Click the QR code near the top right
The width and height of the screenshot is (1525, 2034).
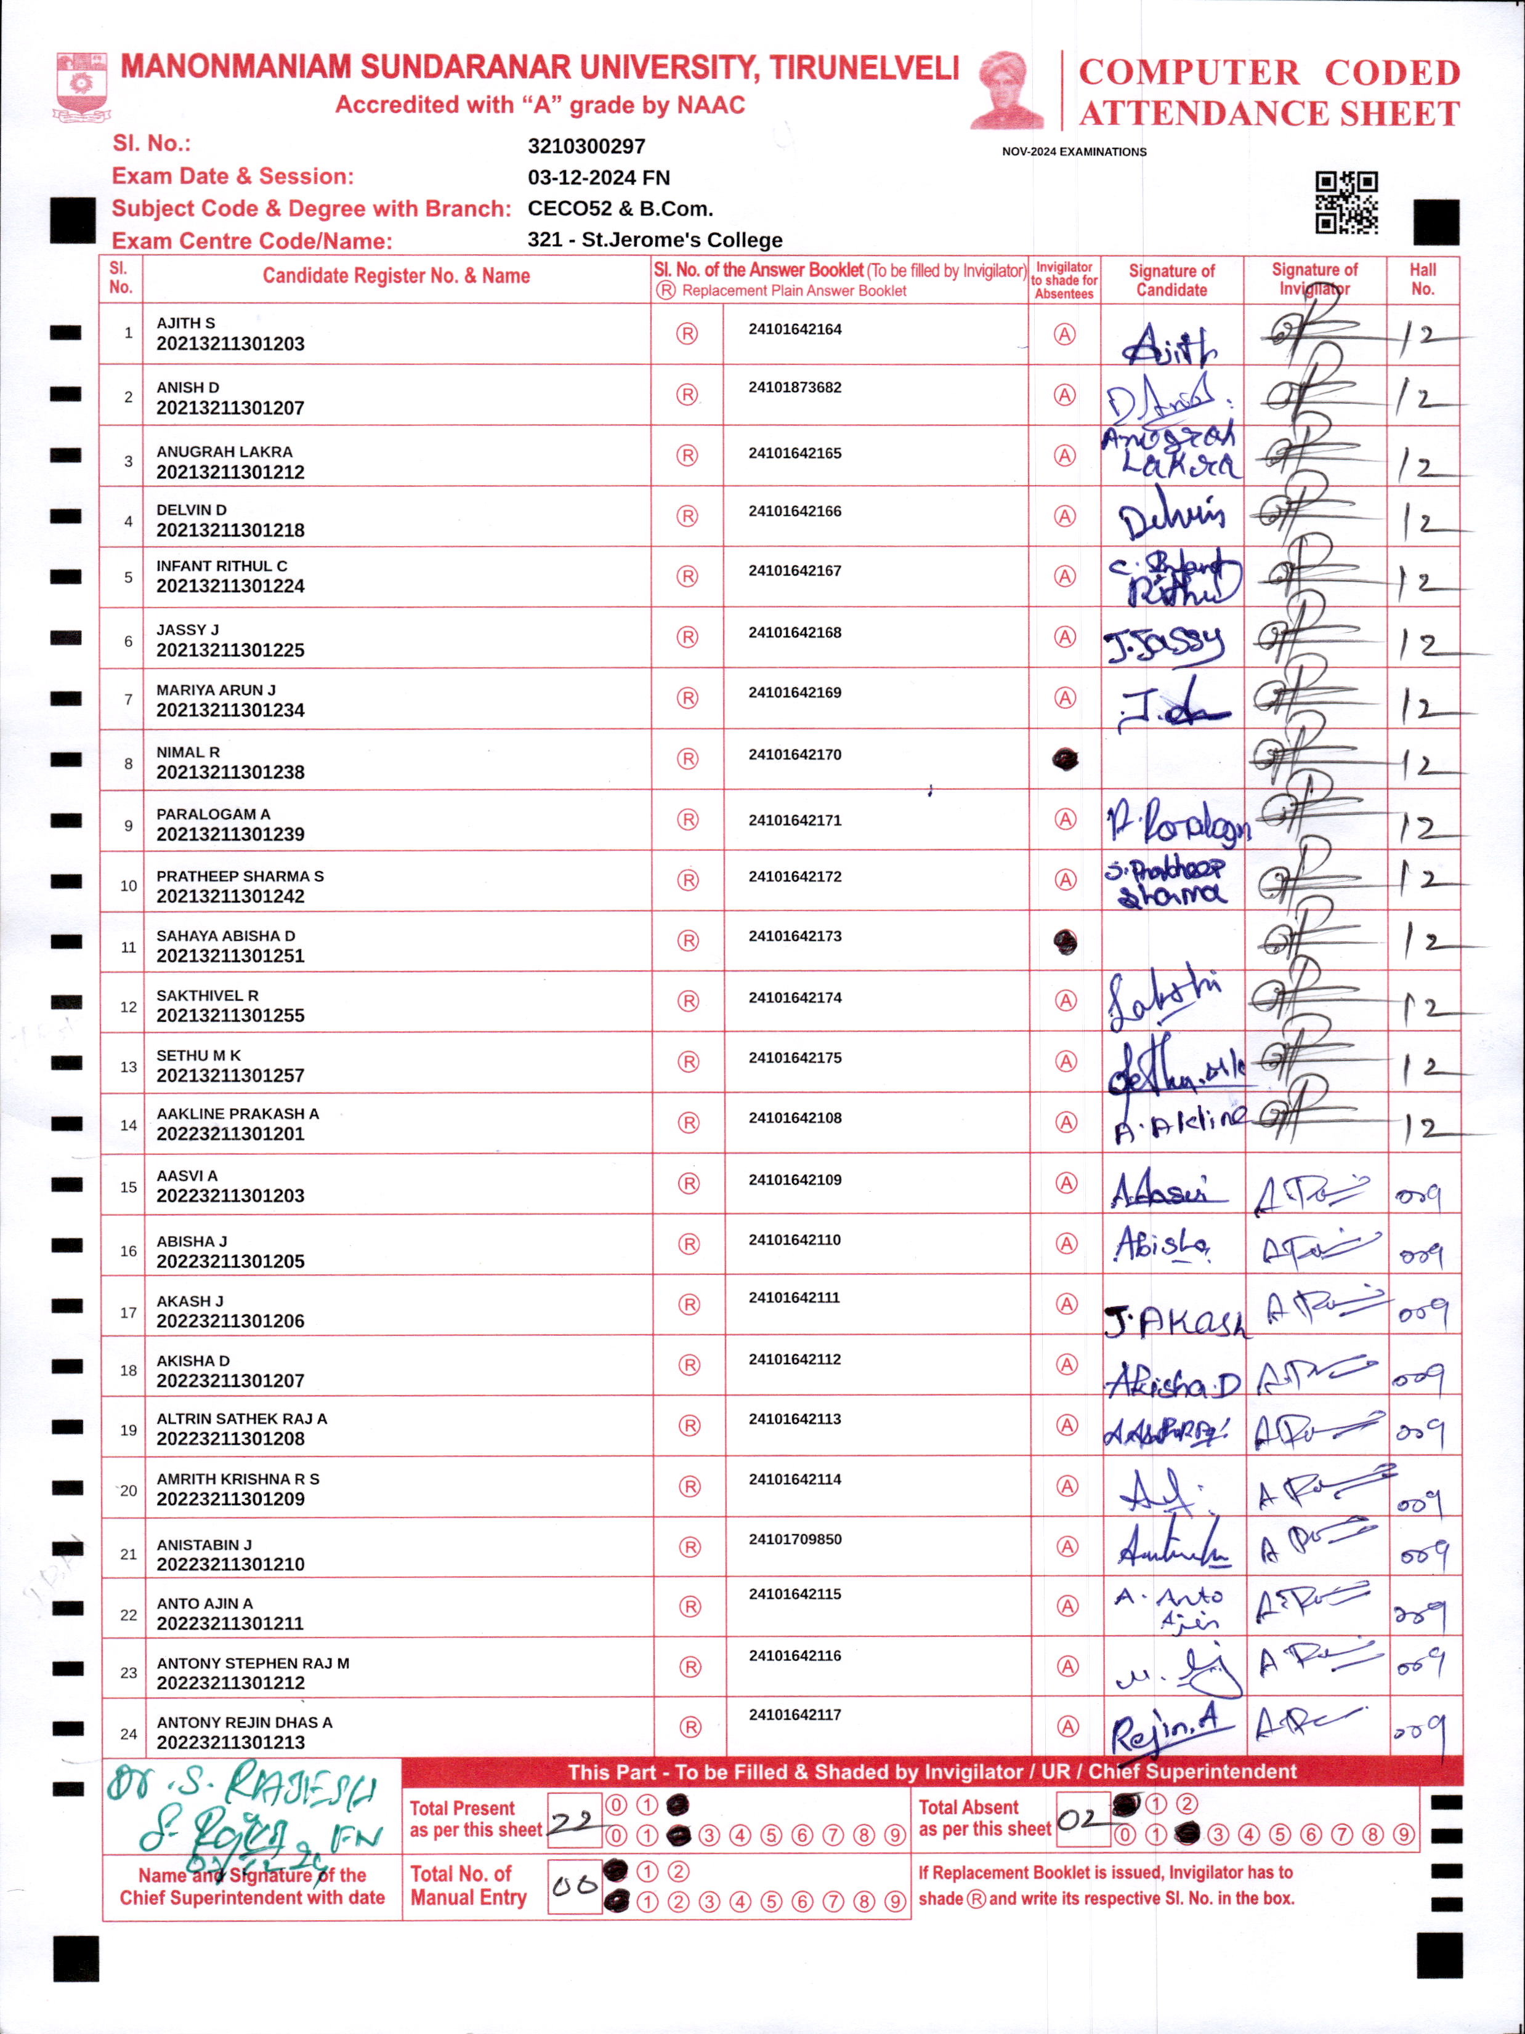click(1346, 203)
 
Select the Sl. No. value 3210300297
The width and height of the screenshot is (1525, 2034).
click(586, 146)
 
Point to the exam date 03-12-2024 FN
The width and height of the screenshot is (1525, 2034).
click(598, 177)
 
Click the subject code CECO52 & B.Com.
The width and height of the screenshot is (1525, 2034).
click(620, 209)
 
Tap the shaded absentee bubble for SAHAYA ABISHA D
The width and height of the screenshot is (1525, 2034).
click(1064, 942)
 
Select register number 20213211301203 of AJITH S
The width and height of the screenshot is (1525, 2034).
click(230, 344)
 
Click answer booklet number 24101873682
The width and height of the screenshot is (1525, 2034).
click(795, 387)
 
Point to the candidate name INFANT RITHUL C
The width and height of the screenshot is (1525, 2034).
click(222, 566)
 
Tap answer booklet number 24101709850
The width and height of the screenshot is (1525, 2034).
click(795, 1538)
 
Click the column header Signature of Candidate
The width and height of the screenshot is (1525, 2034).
click(1171, 279)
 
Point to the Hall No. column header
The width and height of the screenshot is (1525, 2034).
click(1422, 279)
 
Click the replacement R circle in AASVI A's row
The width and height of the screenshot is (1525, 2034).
click(688, 1183)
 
